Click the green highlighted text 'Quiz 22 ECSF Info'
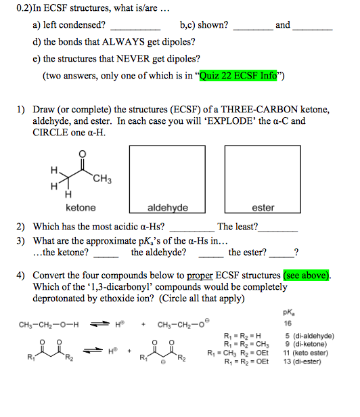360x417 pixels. [x=238, y=76]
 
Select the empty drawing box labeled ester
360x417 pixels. [x=263, y=174]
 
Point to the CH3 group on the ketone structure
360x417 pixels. [x=103, y=179]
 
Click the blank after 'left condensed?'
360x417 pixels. [x=135, y=26]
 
